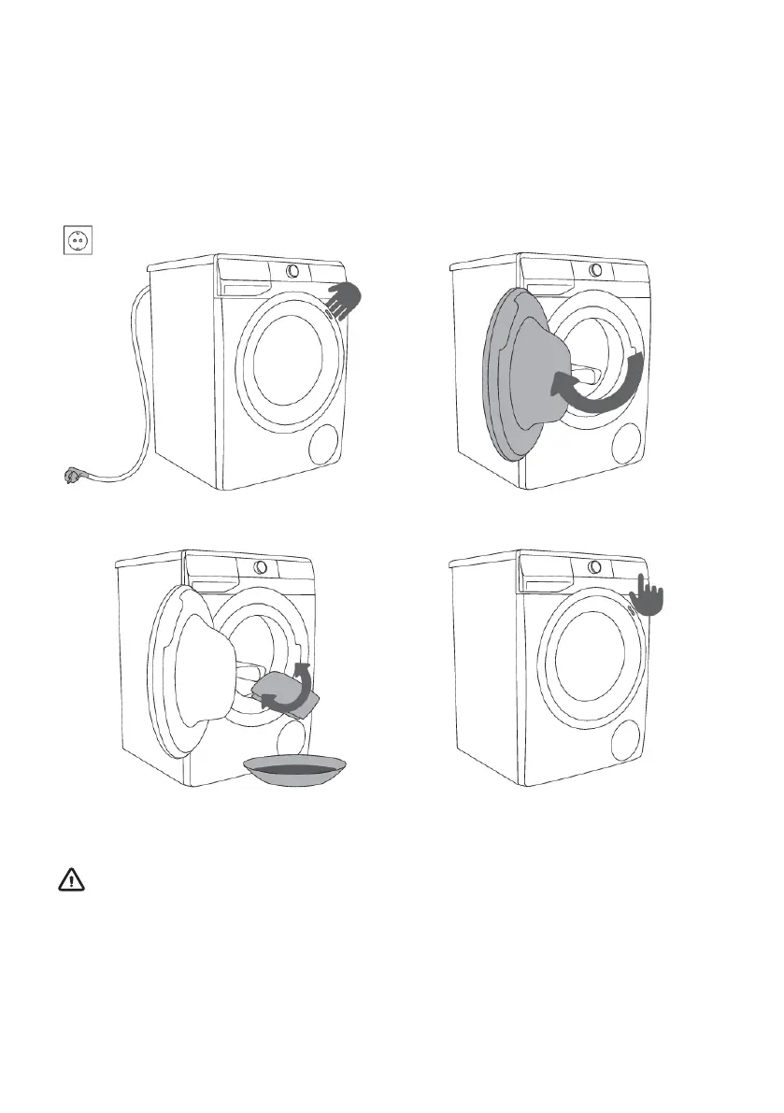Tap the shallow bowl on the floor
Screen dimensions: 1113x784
[x=292, y=771]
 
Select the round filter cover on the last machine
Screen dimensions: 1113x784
[x=627, y=738]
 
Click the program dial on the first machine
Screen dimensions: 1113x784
[x=293, y=271]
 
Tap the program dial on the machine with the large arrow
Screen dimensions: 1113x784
[x=595, y=271]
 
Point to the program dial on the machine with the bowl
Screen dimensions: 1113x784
[x=261, y=567]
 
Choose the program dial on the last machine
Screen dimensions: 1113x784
[x=595, y=567]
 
